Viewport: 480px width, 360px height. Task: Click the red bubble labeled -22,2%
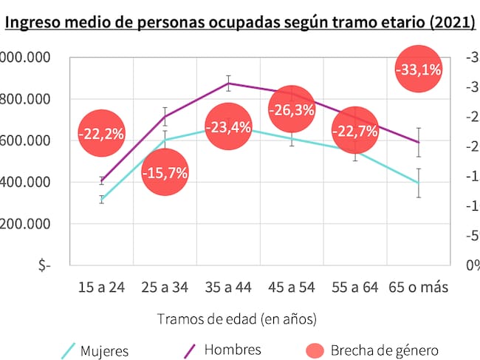tap(101, 133)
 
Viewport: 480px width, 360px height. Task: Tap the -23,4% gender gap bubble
tap(228, 127)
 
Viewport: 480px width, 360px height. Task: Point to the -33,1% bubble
tap(419, 70)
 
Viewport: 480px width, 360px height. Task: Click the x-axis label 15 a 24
tap(101, 287)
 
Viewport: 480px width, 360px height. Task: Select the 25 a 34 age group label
tap(165, 287)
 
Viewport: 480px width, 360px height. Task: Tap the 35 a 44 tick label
tap(229, 287)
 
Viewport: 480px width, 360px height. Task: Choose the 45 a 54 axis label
tap(292, 287)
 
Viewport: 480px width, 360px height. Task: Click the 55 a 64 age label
tap(356, 287)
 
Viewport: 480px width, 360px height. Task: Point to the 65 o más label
tap(419, 287)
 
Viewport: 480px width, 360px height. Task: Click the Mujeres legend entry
tap(104, 350)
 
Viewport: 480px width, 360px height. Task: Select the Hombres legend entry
tap(232, 349)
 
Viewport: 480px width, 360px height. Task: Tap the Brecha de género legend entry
tap(384, 350)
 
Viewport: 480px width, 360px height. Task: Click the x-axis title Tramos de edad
tap(236, 319)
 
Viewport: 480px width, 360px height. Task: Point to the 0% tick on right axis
tap(472, 265)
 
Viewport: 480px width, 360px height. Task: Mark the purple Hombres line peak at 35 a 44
tap(229, 83)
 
